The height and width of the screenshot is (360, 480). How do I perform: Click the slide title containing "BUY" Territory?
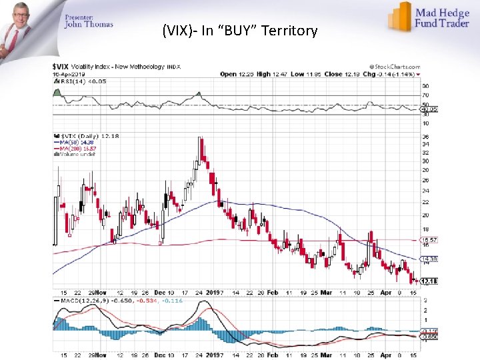coord(240,31)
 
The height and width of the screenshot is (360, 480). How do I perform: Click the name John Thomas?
coord(89,25)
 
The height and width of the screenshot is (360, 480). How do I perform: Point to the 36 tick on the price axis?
coord(425,137)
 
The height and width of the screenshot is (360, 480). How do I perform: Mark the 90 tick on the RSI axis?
coord(425,87)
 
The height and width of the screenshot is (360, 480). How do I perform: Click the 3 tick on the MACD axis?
coord(425,301)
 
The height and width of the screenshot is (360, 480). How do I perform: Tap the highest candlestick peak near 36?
coord(200,138)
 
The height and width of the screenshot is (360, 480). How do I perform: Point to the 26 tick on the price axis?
coord(425,180)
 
